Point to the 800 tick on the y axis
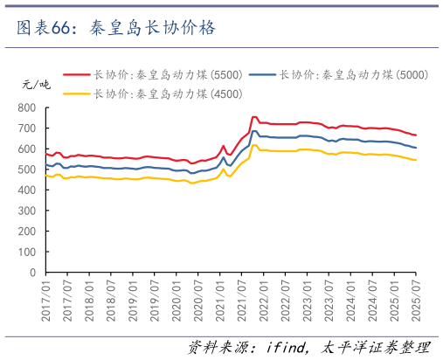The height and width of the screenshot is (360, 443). click(27, 107)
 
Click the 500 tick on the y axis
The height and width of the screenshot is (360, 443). click(27, 170)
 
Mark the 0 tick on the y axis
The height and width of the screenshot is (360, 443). click(34, 272)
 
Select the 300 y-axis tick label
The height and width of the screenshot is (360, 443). click(27, 211)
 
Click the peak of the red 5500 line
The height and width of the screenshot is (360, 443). click(253, 117)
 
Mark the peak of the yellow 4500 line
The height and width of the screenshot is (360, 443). click(253, 146)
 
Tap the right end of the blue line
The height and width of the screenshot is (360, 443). click(416, 148)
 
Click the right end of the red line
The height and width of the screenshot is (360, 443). click(416, 135)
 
